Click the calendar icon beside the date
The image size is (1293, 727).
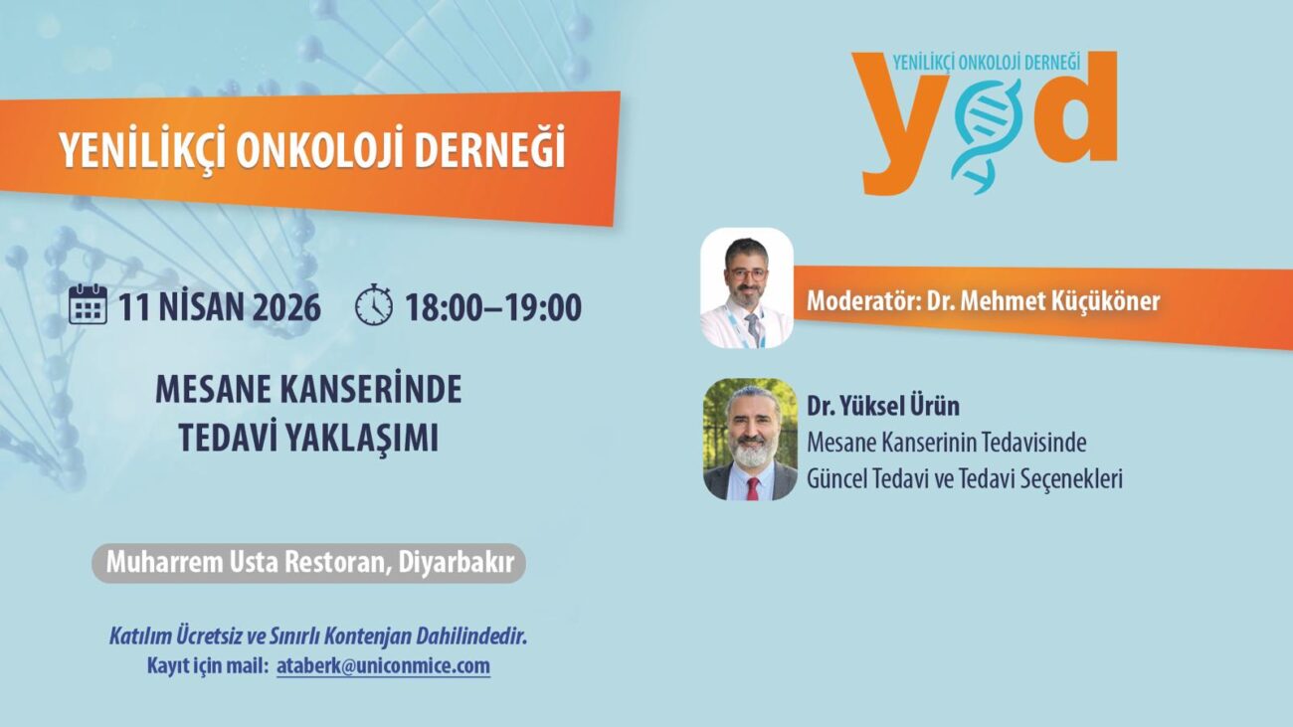88,304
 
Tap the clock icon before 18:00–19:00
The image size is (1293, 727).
374,304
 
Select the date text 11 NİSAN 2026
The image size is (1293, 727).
220,307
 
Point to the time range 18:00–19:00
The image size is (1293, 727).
493,307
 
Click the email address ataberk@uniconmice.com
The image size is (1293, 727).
383,666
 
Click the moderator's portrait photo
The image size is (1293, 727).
747,287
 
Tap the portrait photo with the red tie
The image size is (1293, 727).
750,440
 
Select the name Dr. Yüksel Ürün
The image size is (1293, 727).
883,406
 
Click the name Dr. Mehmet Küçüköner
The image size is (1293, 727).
1043,301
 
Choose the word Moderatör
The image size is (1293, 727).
863,301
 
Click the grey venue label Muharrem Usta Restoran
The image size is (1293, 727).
246,562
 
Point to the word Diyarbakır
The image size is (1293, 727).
457,563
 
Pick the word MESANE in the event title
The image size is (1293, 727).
213,390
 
